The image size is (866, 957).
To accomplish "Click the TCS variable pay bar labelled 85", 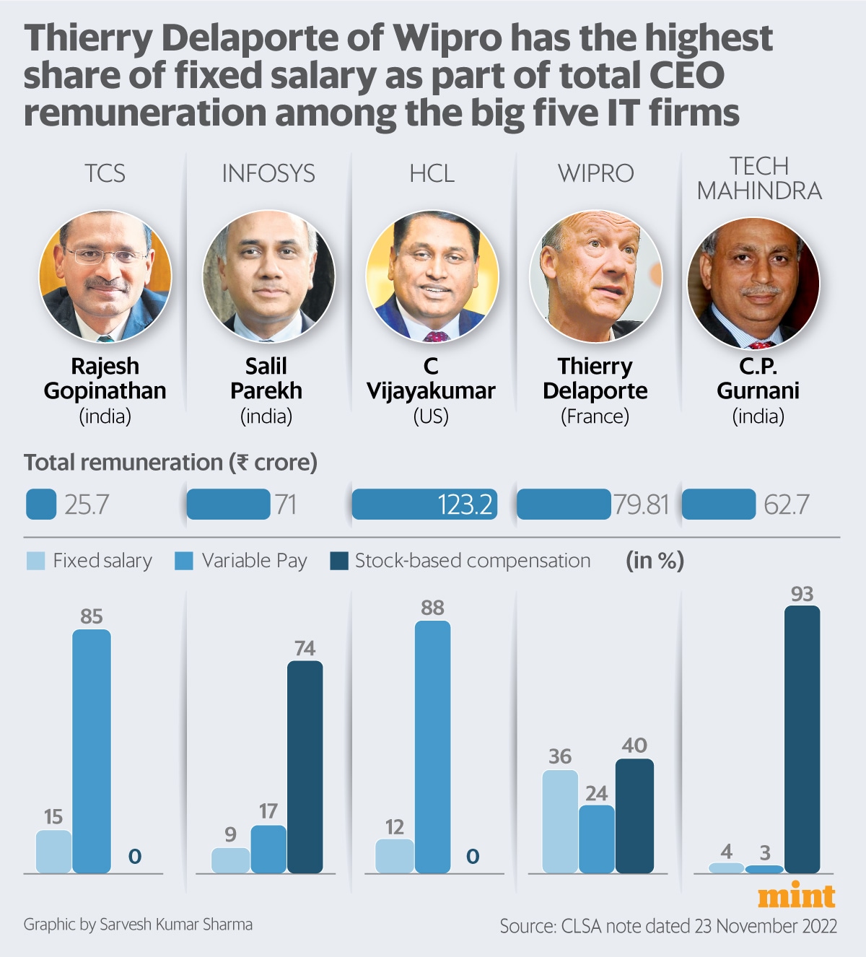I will (92, 751).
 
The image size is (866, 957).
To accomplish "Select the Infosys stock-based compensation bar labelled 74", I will (305, 766).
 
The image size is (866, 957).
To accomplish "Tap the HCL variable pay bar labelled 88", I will (432, 746).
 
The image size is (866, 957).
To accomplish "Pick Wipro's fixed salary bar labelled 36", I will (560, 821).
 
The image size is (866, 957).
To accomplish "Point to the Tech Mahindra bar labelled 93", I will (802, 739).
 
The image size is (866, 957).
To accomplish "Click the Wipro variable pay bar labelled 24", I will (597, 839).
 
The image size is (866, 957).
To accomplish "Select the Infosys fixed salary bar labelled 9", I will (230, 860).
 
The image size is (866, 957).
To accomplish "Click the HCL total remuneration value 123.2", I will (465, 504).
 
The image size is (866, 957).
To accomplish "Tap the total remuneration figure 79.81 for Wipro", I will (641, 504).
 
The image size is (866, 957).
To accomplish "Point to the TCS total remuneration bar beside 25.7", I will (41, 504).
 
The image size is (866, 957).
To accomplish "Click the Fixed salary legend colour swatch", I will (35, 561).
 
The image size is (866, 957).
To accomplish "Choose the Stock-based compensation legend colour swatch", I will (338, 561).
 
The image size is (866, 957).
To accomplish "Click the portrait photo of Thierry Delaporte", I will (595, 276).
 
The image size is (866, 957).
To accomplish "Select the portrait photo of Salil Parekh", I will (268, 276).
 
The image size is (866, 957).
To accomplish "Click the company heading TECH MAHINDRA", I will (759, 178).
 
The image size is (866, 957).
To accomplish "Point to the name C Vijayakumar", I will (431, 378).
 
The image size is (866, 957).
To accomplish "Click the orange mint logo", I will (796, 896).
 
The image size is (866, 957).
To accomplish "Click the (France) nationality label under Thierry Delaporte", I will (595, 416).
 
